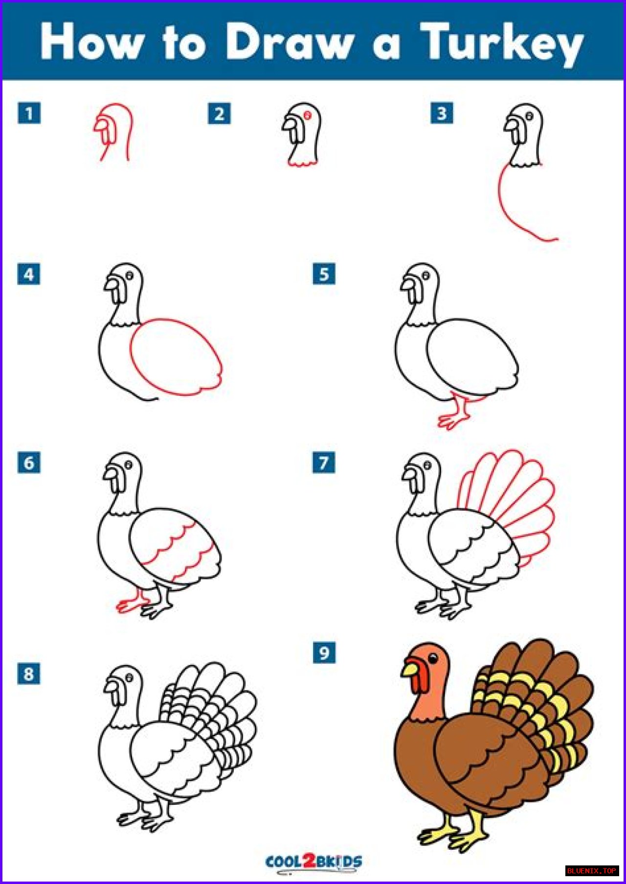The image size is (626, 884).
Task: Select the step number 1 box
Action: point(29,113)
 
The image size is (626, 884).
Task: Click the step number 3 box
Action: point(442,113)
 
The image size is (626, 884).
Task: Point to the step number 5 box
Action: point(324,274)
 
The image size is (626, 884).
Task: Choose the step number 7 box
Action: point(324,462)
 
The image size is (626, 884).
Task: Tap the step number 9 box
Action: point(324,653)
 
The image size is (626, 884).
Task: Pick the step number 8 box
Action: point(29,674)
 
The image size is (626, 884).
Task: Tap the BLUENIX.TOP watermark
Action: point(592,871)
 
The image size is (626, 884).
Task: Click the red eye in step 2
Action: point(308,115)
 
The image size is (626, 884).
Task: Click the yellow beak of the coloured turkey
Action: point(410,668)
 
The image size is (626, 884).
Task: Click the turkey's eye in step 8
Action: point(130,678)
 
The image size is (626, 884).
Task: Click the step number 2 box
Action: point(219,114)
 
